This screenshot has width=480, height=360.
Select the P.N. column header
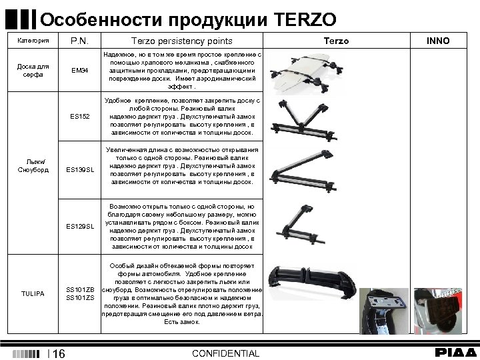tap(81, 41)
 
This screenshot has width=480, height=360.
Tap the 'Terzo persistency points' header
tap(181, 41)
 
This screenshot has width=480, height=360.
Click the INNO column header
tap(437, 41)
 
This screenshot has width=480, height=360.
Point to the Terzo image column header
tap(336, 41)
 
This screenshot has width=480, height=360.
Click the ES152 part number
tap(81, 117)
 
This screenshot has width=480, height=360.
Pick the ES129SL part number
tap(81, 227)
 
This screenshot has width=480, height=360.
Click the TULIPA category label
tap(33, 293)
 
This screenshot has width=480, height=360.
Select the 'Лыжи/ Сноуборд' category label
tap(33, 165)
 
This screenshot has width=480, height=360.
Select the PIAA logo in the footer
tap(456, 353)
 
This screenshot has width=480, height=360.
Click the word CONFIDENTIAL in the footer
tap(225, 353)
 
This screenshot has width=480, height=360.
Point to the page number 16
tap(58, 353)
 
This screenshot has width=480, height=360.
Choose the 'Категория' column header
tap(33, 41)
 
